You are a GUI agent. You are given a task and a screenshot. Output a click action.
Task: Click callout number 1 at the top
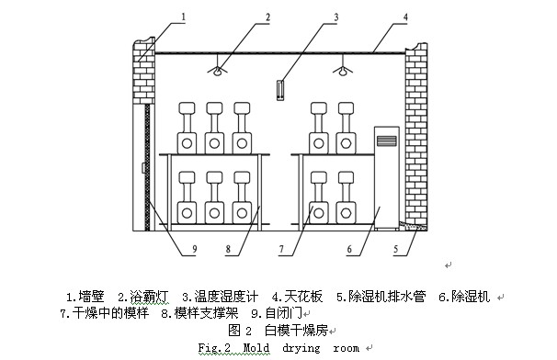183,17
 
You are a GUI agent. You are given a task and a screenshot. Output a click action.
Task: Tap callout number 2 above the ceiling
242,17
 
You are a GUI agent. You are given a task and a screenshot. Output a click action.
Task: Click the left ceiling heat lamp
216,69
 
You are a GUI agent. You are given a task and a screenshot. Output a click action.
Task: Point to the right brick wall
416,138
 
